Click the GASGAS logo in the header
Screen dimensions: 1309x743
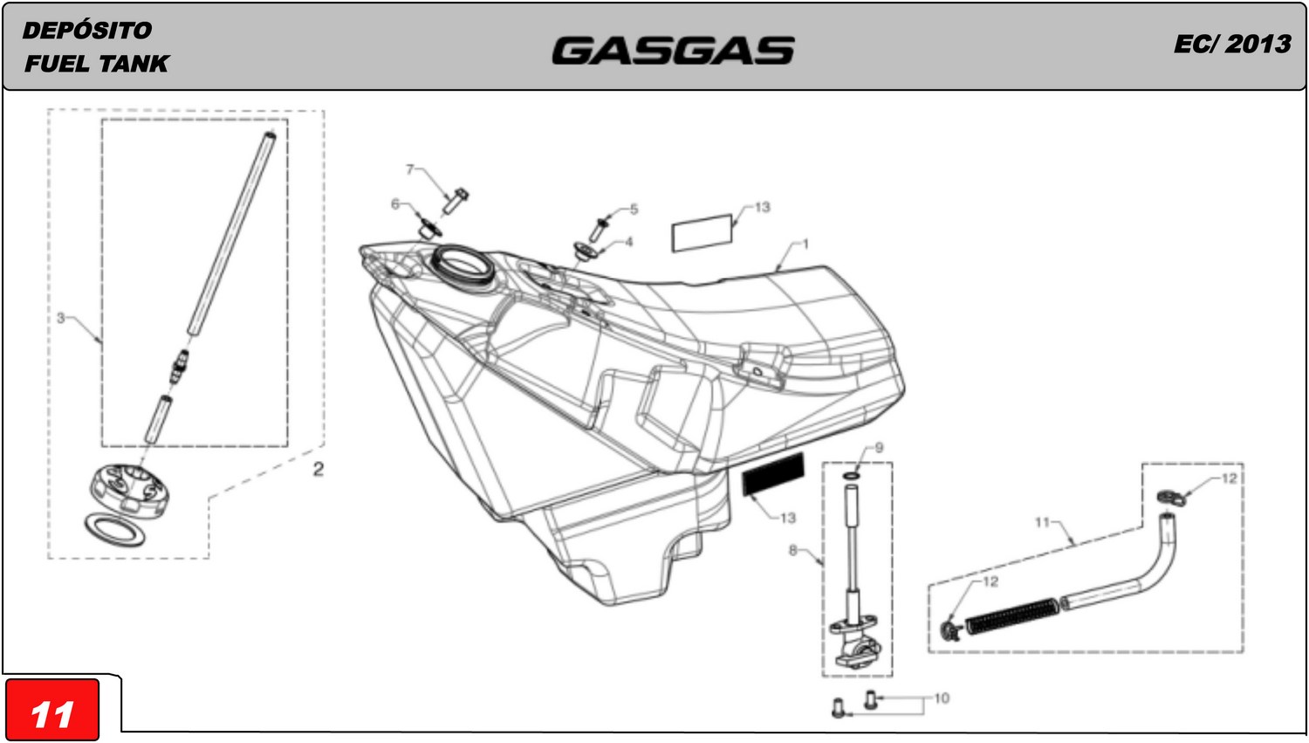click(x=673, y=51)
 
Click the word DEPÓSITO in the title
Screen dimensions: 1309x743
click(x=87, y=31)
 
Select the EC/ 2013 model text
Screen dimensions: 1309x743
click(x=1232, y=45)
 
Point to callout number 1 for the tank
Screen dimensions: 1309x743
click(x=805, y=244)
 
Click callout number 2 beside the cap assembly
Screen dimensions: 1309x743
click(x=319, y=469)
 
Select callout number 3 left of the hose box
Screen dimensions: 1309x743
click(x=61, y=319)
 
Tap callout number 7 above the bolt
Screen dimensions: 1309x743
click(x=409, y=169)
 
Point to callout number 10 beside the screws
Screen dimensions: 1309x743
click(x=942, y=698)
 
